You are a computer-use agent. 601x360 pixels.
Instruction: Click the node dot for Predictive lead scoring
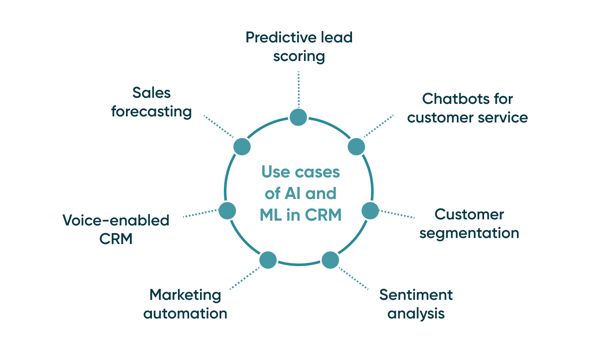[x=298, y=117]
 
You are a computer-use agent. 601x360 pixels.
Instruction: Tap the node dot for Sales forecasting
[x=242, y=146]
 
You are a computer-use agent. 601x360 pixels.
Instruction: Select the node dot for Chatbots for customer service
[x=356, y=146]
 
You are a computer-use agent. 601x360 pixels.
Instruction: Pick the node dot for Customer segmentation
[x=370, y=210]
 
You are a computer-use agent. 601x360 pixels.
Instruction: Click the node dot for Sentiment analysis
[x=330, y=260]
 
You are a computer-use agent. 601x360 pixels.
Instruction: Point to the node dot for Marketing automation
[x=268, y=260]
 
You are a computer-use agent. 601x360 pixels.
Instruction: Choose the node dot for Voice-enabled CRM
[x=227, y=210]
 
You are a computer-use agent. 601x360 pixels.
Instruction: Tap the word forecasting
[x=152, y=112]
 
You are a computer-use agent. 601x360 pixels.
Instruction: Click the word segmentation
[x=469, y=233]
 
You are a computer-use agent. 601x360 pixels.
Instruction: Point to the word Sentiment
[x=416, y=295]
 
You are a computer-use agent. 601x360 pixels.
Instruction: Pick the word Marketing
[x=185, y=295]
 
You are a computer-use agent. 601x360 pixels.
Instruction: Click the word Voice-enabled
[x=116, y=220]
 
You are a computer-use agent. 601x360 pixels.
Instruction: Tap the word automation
[x=185, y=313]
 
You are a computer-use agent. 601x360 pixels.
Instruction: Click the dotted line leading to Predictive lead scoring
[x=298, y=89]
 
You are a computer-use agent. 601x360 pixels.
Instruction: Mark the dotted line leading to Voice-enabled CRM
[x=200, y=214]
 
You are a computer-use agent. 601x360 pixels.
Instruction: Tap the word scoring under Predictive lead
[x=299, y=56]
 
